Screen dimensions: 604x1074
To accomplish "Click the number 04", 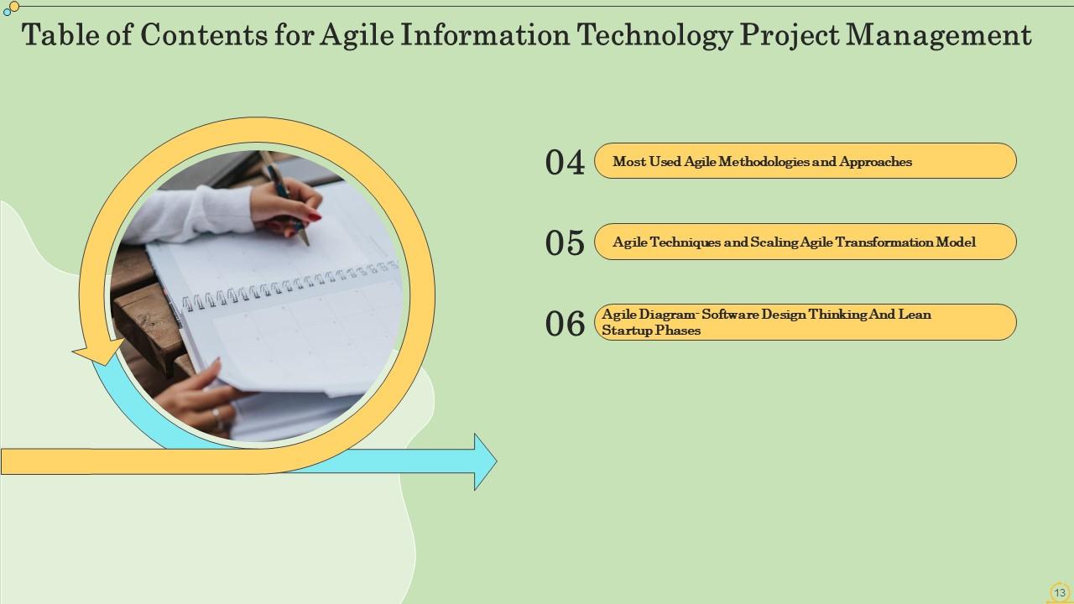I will click(x=565, y=162).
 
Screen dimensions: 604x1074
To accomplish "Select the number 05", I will click(x=565, y=242).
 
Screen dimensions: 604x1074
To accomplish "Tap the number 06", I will click(x=565, y=323).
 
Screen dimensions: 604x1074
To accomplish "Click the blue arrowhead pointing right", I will click(x=485, y=461).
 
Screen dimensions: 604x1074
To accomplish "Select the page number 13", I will click(x=1059, y=592).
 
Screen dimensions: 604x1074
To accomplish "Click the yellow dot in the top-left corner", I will click(x=14, y=7).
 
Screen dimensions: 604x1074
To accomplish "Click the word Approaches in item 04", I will click(x=875, y=162).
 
